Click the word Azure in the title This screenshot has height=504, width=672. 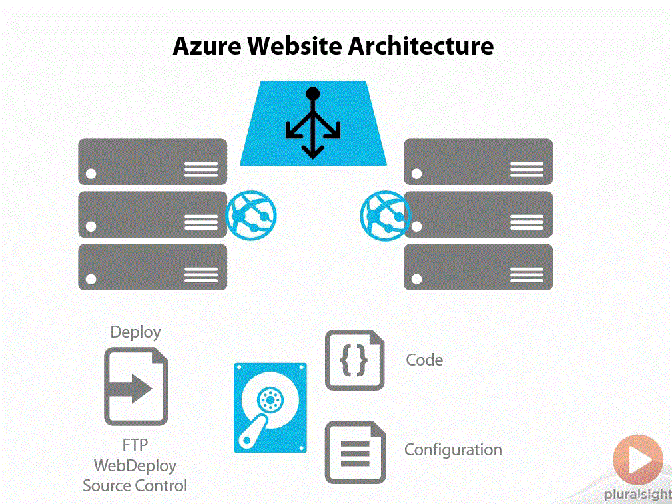tap(206, 47)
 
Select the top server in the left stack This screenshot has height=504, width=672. tap(153, 162)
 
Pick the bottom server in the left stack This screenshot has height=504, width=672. tap(153, 267)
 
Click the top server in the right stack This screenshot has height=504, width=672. tap(478, 162)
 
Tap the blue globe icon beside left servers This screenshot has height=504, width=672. tap(251, 214)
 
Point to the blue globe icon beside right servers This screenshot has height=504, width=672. tap(384, 214)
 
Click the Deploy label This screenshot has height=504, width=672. tap(135, 332)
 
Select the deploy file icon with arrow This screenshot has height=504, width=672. tap(136, 387)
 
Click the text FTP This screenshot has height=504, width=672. tap(135, 445)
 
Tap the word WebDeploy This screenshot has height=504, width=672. tap(135, 465)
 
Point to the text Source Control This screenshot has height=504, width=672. tap(135, 486)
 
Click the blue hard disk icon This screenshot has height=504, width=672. tap(270, 407)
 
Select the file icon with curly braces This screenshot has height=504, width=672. tap(354, 360)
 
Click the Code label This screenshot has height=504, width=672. tap(424, 360)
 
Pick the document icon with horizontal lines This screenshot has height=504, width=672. tap(354, 453)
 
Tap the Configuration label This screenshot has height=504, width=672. tap(453, 450)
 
